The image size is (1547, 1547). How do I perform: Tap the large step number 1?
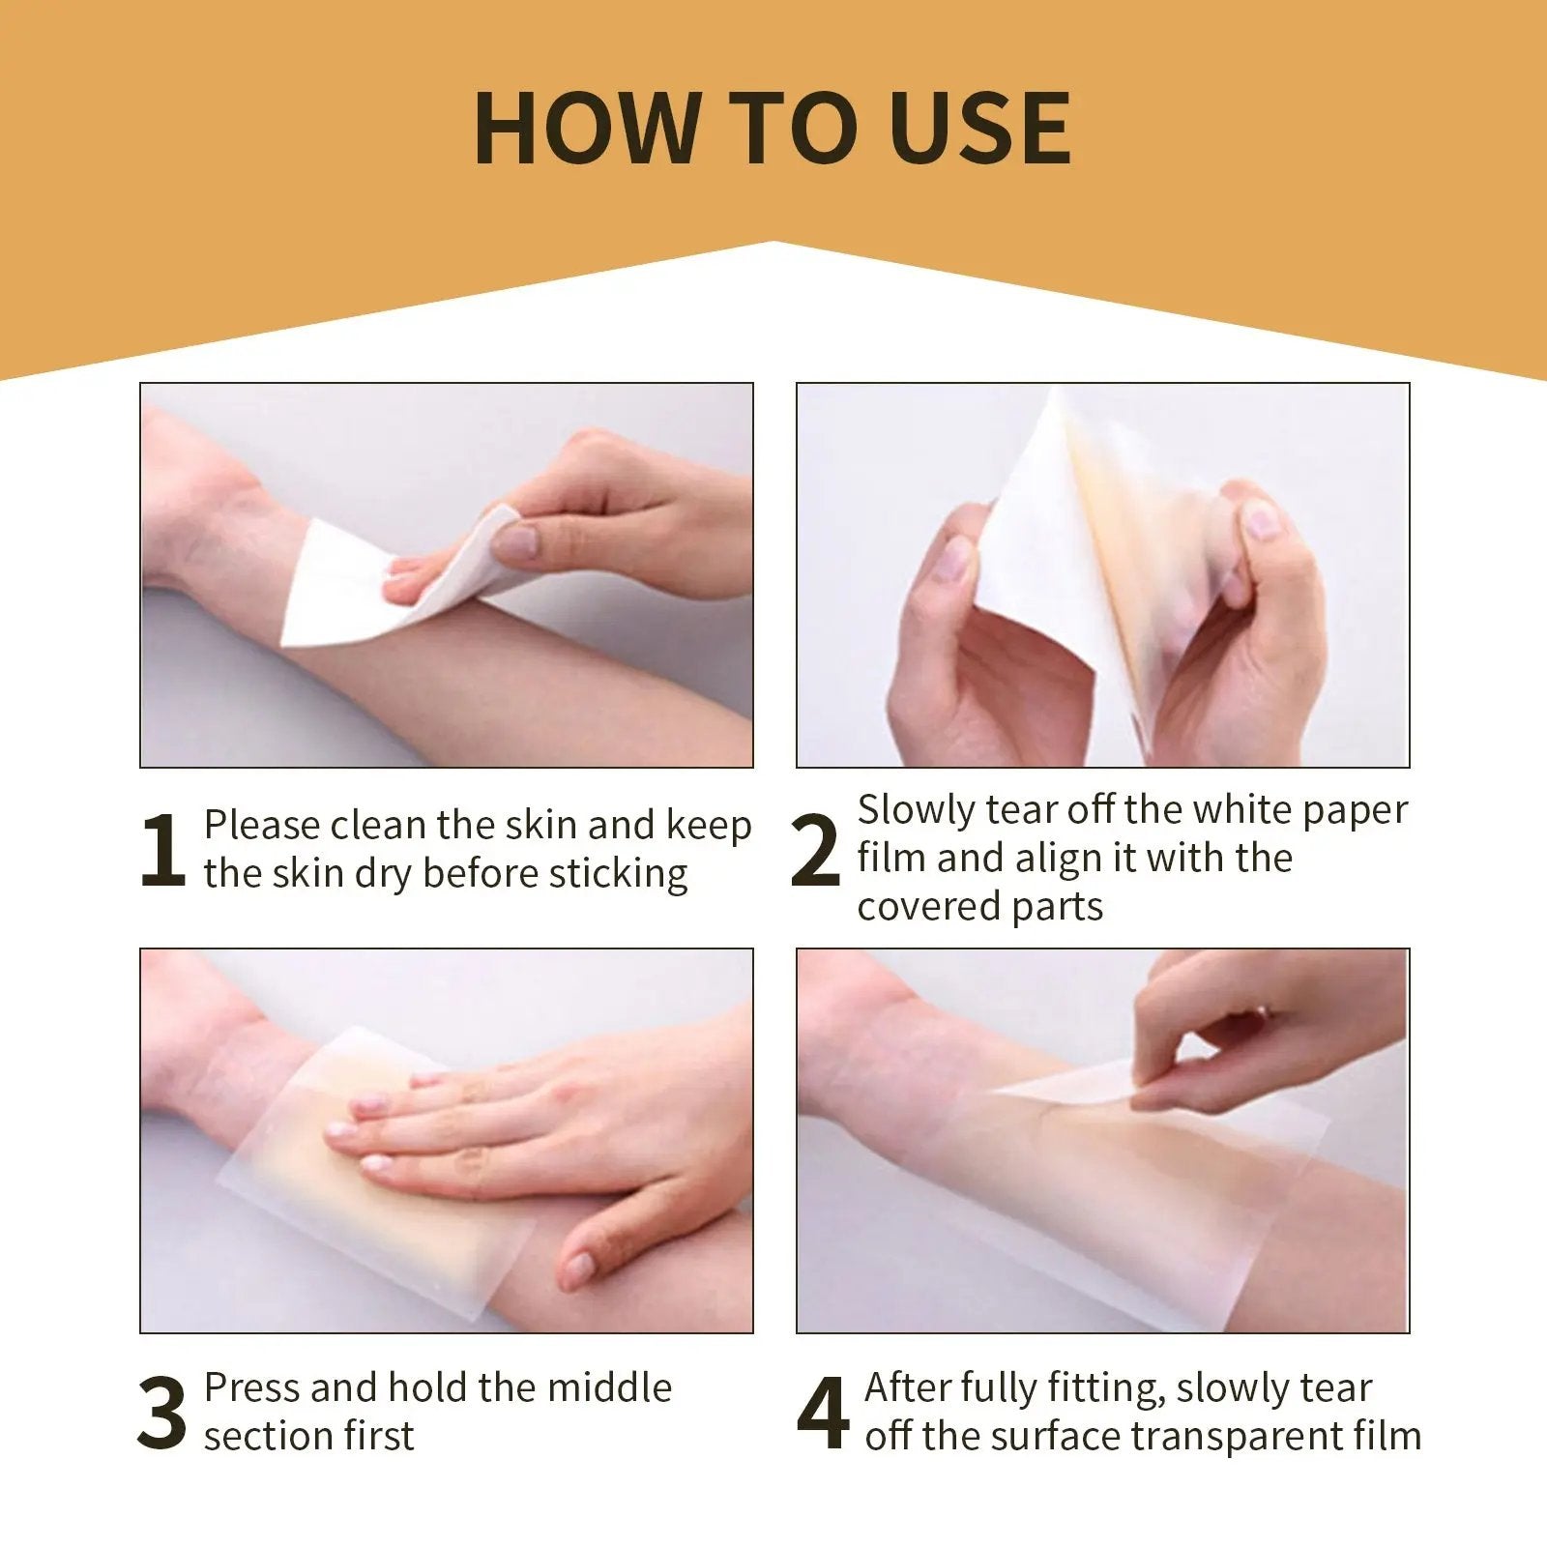[x=162, y=850]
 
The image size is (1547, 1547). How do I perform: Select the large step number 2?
[x=814, y=851]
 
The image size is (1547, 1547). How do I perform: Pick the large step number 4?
[x=822, y=1414]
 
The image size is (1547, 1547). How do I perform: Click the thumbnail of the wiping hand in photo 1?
[x=517, y=541]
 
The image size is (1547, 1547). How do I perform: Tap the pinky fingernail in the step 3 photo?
[x=577, y=1264]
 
